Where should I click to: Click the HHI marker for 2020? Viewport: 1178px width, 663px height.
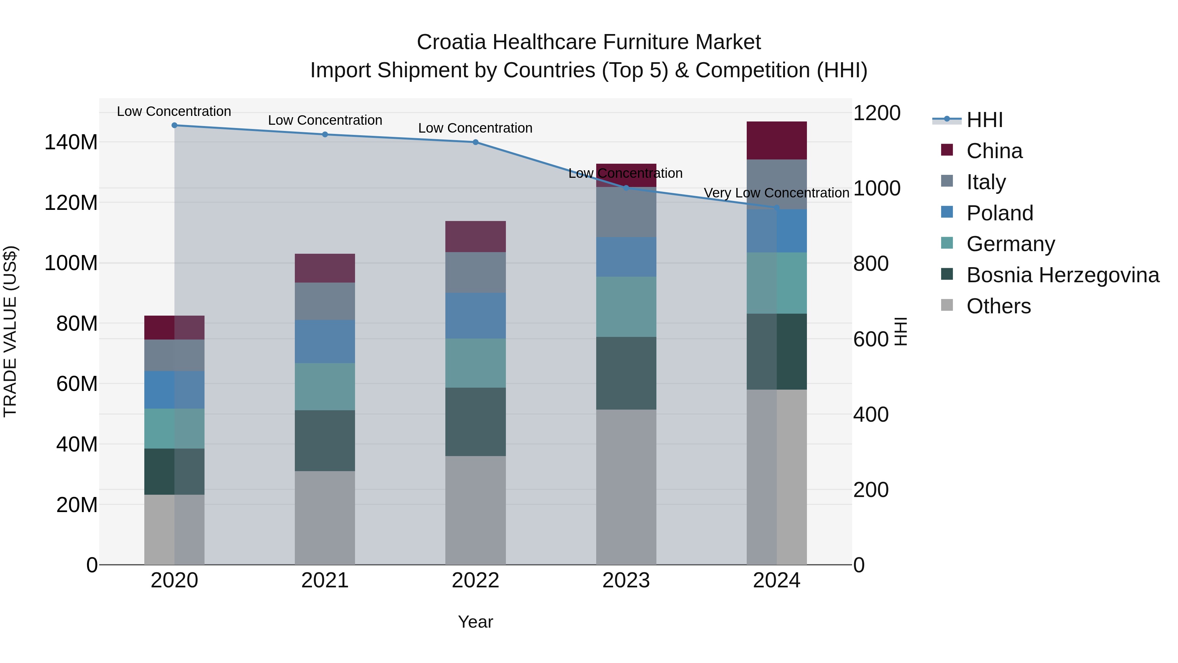click(174, 125)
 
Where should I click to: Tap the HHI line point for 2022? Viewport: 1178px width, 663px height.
click(475, 142)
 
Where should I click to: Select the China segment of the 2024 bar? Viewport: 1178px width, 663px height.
click(776, 140)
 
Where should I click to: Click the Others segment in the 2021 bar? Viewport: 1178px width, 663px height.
click(325, 518)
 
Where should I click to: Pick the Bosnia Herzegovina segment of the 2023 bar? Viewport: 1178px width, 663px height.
click(626, 373)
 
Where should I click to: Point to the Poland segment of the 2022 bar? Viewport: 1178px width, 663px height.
click(475, 316)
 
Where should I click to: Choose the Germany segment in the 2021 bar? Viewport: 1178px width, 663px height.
click(325, 387)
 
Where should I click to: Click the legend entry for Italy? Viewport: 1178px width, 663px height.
click(986, 182)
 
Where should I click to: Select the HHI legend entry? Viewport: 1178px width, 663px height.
click(984, 120)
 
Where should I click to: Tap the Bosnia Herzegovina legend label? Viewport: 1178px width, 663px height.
click(1062, 275)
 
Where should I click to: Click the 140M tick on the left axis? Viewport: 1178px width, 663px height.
click(71, 142)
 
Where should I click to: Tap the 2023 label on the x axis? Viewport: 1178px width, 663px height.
click(626, 580)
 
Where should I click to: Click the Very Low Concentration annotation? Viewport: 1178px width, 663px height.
click(776, 193)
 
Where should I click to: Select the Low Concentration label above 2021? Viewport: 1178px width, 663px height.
click(325, 120)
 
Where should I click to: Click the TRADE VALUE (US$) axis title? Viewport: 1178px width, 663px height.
click(10, 331)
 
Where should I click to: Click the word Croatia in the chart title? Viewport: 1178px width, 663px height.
click(451, 42)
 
